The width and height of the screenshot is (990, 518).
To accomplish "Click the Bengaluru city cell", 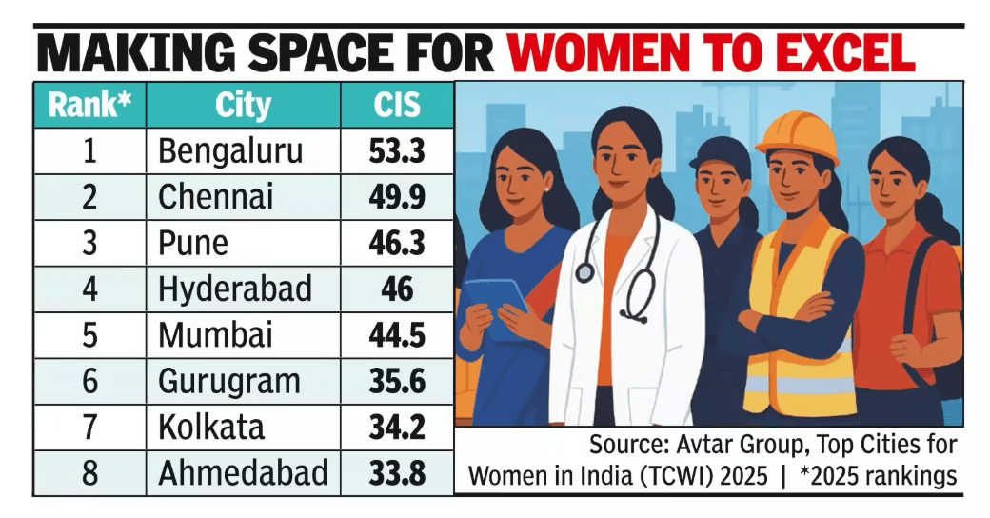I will click(230, 151).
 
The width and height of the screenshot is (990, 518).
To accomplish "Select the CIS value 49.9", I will click(397, 197).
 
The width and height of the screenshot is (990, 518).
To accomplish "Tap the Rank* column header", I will click(89, 104).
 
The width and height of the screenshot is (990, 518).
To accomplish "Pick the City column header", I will click(243, 104).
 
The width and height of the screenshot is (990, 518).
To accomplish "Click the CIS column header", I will click(397, 104).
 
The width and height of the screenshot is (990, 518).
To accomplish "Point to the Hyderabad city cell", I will click(235, 289).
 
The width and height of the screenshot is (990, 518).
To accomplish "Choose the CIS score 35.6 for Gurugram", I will click(397, 381).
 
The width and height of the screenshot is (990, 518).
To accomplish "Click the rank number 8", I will click(89, 473).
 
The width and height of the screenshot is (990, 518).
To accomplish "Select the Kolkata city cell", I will click(211, 427).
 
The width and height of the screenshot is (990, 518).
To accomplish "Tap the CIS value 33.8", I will click(397, 473).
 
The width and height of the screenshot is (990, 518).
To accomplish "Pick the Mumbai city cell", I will click(215, 335).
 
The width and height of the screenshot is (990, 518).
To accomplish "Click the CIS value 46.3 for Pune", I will click(397, 243).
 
